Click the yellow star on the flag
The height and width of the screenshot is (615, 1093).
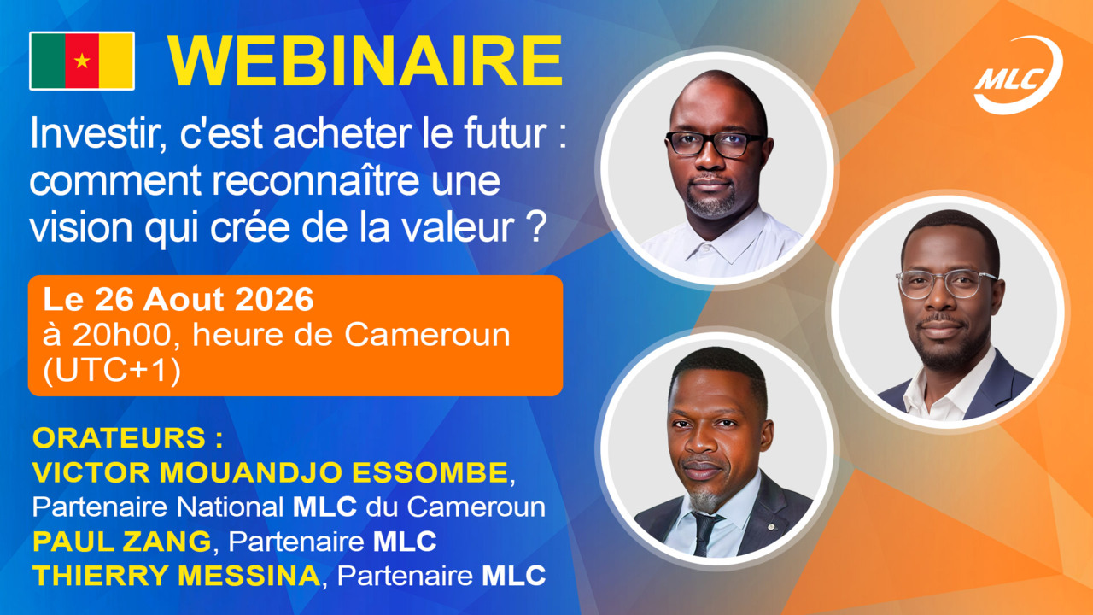click(x=82, y=61)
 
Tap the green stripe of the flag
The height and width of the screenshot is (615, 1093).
click(x=48, y=61)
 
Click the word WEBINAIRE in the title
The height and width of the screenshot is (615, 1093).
click(x=365, y=61)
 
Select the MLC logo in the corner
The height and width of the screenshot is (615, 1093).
click(x=1017, y=74)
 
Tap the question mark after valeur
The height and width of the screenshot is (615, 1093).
click(x=536, y=227)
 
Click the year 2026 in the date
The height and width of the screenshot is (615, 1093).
click(x=274, y=299)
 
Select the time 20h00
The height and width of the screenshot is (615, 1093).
click(x=122, y=336)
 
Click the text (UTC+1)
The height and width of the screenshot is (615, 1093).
click(x=112, y=371)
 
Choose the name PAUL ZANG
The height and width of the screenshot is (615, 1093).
click(x=121, y=542)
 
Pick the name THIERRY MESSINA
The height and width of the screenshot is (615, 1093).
click(x=176, y=576)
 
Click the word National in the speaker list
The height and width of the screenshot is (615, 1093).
click(x=230, y=507)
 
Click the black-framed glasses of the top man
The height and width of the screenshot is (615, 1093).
click(x=715, y=144)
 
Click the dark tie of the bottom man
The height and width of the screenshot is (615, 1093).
click(x=705, y=533)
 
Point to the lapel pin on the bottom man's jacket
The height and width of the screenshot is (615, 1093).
click(x=770, y=527)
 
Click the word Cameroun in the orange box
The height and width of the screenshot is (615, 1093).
click(x=427, y=336)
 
